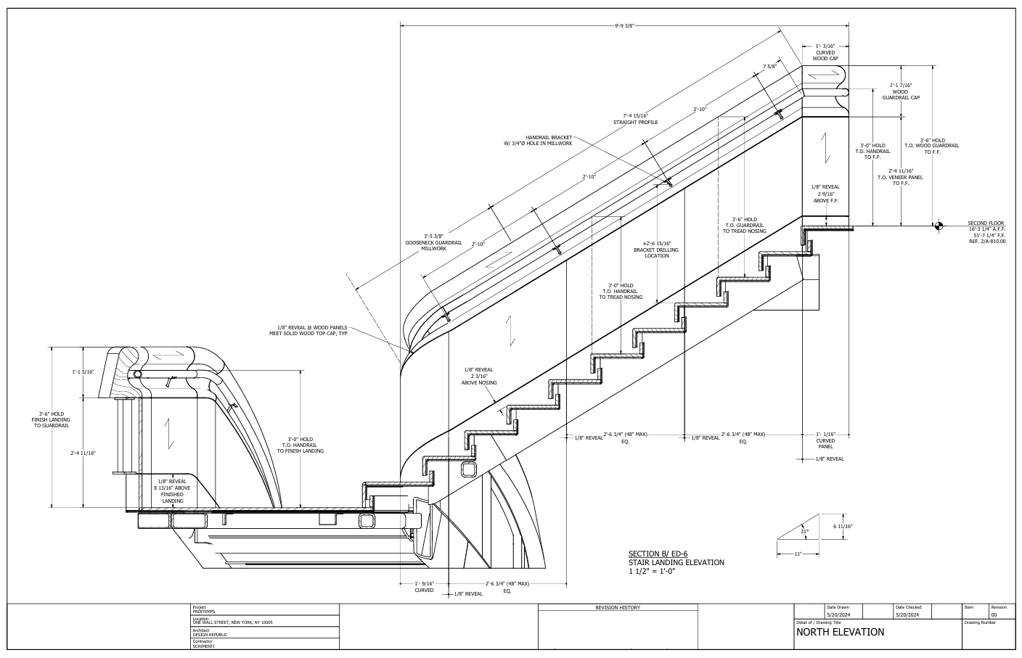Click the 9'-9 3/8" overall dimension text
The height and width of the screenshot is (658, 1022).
tap(624, 26)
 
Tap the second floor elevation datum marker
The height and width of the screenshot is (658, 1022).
tap(939, 226)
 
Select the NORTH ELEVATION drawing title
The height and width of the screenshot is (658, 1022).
tap(841, 632)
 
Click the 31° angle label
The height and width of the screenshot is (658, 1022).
tap(804, 532)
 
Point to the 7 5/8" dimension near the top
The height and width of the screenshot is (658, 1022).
tap(769, 66)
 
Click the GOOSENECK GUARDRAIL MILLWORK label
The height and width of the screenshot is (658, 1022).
tap(433, 242)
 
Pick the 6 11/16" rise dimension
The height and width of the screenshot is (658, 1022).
tap(843, 526)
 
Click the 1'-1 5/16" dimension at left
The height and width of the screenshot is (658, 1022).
tap(83, 372)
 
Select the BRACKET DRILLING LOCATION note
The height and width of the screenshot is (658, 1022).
tap(656, 250)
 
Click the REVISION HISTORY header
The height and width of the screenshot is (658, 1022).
tap(618, 608)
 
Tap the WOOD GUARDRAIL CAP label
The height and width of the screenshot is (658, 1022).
tap(901, 91)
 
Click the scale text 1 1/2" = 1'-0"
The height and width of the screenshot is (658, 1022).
tap(652, 571)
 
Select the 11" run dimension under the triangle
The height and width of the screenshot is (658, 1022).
tap(797, 554)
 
